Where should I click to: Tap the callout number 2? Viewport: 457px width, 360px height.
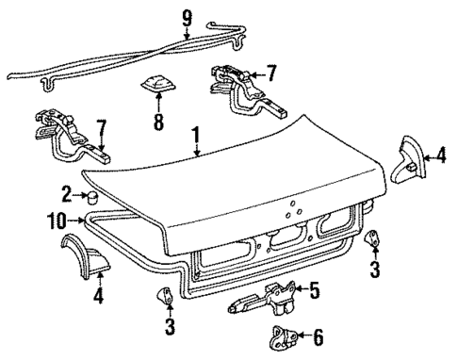point(66,195)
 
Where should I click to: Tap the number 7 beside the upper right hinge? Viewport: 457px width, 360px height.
point(271,73)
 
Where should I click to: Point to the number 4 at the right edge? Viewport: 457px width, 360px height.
point(440,156)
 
